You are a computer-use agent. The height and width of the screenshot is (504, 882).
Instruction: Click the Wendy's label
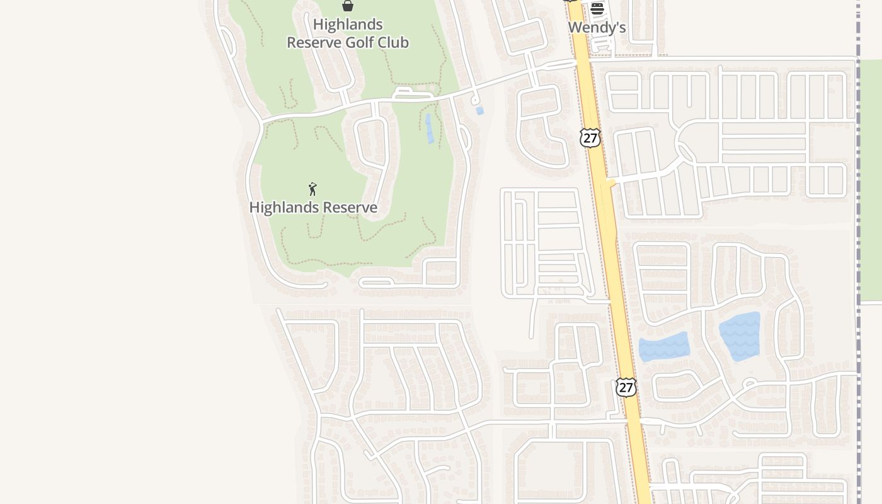point(597,28)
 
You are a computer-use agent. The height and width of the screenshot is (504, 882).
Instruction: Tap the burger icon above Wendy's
point(597,9)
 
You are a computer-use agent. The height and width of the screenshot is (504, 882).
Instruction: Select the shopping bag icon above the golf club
point(347,6)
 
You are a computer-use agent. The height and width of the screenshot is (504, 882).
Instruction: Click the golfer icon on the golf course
point(312,189)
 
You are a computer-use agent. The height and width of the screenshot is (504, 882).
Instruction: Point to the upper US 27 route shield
point(590,138)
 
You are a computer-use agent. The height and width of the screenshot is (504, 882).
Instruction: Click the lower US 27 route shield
point(626,387)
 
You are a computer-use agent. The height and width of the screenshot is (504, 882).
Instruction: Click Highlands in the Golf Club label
point(348,25)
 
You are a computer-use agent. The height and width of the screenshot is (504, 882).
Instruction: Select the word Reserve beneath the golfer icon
point(348,207)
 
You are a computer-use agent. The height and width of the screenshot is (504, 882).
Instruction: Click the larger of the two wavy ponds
point(740,336)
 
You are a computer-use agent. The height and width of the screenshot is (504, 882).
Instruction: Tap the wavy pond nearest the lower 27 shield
point(664,346)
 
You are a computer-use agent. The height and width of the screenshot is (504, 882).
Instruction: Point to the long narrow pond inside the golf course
point(430,128)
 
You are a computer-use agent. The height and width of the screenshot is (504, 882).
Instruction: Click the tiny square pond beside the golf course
point(480,111)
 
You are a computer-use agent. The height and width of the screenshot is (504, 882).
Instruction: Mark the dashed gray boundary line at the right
point(858,252)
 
